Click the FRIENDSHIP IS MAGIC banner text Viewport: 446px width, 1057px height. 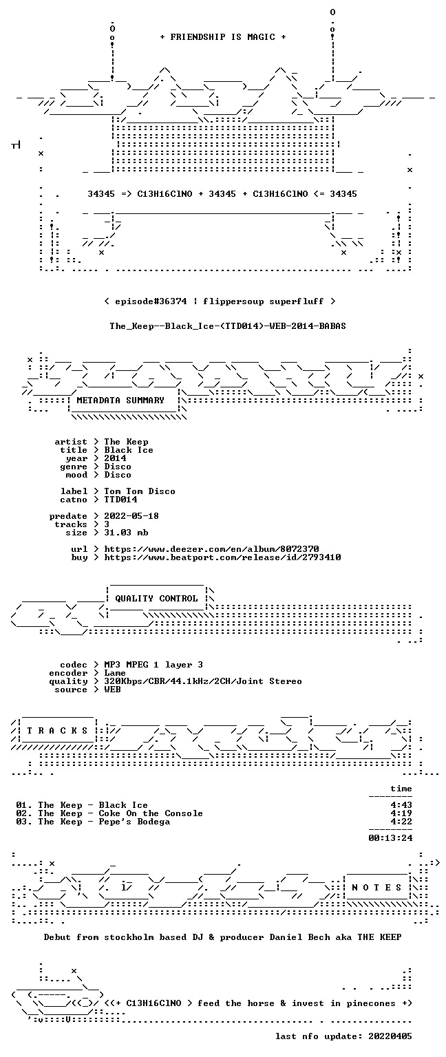pyautogui.click(x=223, y=36)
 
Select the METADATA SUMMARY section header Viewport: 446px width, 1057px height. pyautogui.click(x=120, y=400)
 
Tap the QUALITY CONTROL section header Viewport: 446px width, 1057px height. pyautogui.click(x=156, y=598)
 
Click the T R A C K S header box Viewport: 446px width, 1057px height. pyautogui.click(x=57, y=731)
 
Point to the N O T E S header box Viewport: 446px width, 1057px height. pyautogui.click(x=376, y=888)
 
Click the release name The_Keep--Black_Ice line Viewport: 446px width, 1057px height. pyautogui.click(x=228, y=326)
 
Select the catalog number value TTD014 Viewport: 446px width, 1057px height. pyautogui.click(x=121, y=499)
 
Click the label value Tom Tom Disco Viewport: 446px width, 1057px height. pyautogui.click(x=140, y=491)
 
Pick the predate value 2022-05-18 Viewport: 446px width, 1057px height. pyautogui.click(x=131, y=515)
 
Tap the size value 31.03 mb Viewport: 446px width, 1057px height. pyautogui.click(x=126, y=532)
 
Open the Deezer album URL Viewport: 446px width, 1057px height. pyautogui.click(x=211, y=548)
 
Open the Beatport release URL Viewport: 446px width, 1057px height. pyautogui.click(x=222, y=557)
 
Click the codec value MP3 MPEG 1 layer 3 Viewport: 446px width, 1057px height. pyautogui.click(x=153, y=664)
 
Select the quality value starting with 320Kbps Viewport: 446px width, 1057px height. pyautogui.click(x=203, y=681)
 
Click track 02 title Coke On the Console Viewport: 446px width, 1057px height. pyautogui.click(x=151, y=813)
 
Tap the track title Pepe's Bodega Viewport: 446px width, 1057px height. pyautogui.click(x=134, y=822)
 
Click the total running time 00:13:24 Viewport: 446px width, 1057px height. pyautogui.click(x=390, y=838)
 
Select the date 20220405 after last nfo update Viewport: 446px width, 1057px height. pyautogui.click(x=390, y=1036)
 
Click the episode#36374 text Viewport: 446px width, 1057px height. pyautogui.click(x=151, y=301)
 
